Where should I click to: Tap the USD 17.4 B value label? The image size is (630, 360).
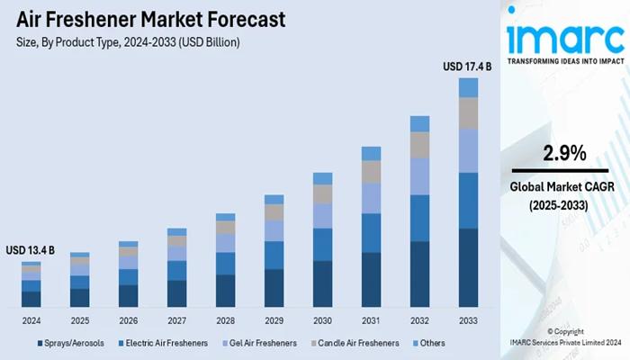(x=468, y=66)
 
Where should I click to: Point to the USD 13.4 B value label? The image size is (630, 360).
(x=31, y=249)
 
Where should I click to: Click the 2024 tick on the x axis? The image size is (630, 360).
(x=31, y=320)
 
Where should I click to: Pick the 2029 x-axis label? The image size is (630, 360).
(x=274, y=320)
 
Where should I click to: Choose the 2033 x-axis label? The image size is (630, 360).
(x=468, y=320)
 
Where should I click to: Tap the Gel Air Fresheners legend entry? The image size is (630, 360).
(x=262, y=343)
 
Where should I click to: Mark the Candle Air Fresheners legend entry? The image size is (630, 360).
(x=357, y=343)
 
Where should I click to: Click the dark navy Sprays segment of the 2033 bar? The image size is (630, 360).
(x=468, y=267)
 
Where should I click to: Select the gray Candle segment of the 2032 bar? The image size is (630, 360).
(x=419, y=145)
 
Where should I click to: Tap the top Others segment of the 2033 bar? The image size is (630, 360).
(x=468, y=87)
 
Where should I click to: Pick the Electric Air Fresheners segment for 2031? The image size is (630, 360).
(x=371, y=232)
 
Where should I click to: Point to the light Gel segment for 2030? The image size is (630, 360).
(x=322, y=216)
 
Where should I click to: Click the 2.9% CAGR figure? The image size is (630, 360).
(x=563, y=152)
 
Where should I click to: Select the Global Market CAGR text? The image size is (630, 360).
(x=563, y=187)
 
